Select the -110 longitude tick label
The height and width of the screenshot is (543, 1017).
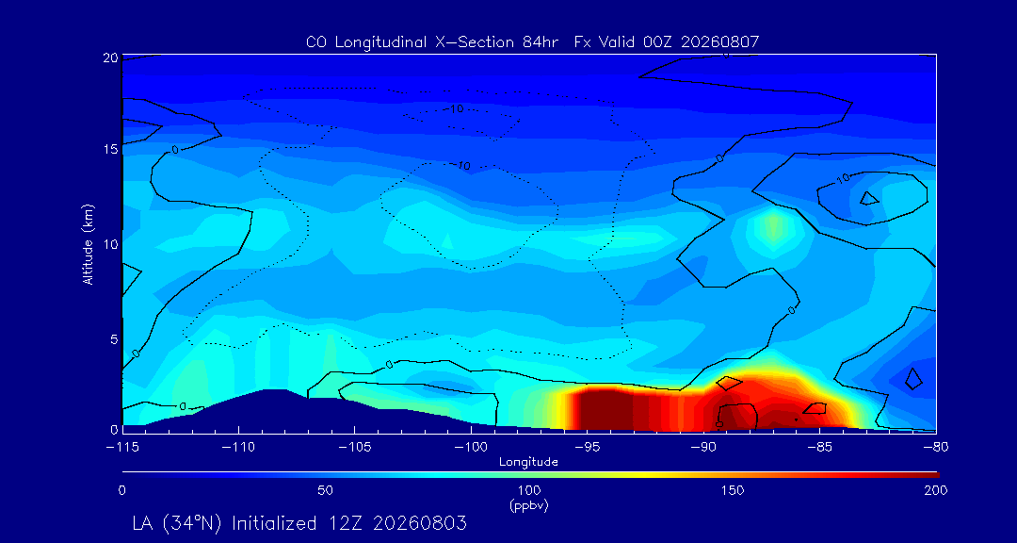click(x=238, y=448)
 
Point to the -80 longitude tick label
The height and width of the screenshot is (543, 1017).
click(x=935, y=448)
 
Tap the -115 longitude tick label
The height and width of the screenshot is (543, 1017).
click(x=121, y=448)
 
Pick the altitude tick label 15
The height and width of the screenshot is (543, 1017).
click(x=110, y=149)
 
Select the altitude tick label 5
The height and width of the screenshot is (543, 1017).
click(x=114, y=339)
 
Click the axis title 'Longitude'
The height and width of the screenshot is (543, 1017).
click(x=528, y=463)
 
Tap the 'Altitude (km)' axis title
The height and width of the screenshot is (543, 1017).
click(x=88, y=243)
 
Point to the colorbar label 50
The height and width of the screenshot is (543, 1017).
click(x=326, y=490)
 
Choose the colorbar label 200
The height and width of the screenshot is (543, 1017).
click(x=935, y=490)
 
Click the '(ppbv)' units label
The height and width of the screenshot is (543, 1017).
click(x=528, y=506)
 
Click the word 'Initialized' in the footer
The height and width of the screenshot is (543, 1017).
click(x=272, y=523)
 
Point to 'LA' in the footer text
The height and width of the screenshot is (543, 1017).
click(x=143, y=523)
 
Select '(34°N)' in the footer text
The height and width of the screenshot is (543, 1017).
click(x=193, y=523)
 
